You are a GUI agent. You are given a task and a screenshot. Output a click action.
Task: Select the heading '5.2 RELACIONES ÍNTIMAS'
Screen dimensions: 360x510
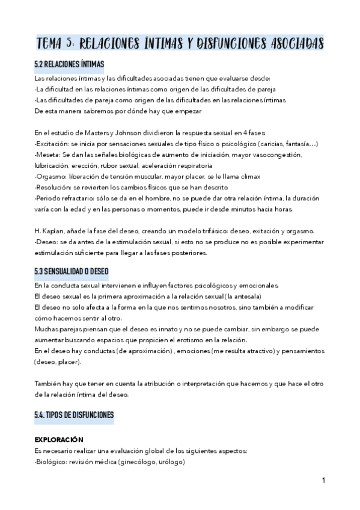coord(69,64)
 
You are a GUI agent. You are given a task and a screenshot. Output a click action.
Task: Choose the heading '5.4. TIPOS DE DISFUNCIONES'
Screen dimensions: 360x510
coord(74,415)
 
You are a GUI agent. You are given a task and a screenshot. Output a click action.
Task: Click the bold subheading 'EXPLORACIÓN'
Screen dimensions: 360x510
coord(59,440)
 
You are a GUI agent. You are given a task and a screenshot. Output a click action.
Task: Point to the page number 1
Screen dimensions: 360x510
coord(323,480)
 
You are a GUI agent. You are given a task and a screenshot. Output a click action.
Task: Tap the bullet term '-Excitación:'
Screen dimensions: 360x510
coord(52,144)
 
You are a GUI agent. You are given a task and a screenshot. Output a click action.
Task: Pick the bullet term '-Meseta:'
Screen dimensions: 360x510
coord(47,155)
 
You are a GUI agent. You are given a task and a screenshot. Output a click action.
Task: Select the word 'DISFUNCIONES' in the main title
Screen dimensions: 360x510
coord(232,43)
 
